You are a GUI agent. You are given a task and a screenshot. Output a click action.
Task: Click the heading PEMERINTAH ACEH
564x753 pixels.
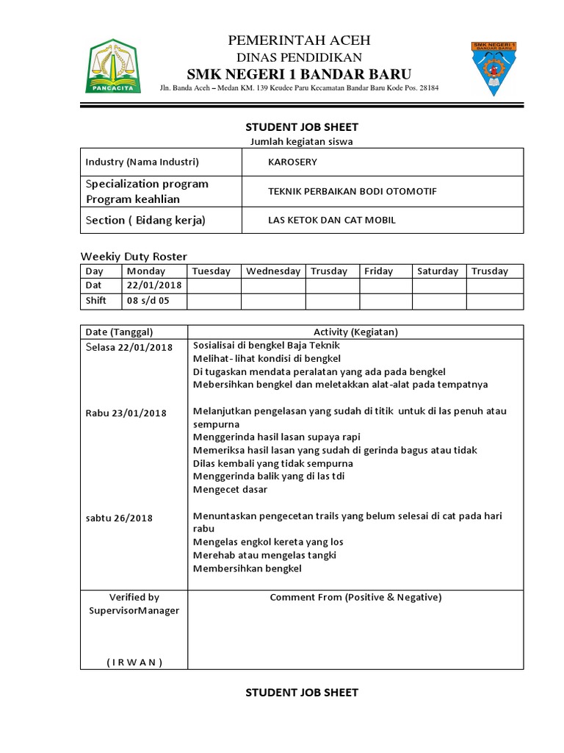[x=299, y=40]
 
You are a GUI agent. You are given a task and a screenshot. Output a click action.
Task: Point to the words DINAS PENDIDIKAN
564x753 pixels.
[x=299, y=57]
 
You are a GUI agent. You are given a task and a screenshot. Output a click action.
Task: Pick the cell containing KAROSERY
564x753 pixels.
[x=293, y=163]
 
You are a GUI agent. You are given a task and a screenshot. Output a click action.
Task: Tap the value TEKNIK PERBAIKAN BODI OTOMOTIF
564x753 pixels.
[x=352, y=191]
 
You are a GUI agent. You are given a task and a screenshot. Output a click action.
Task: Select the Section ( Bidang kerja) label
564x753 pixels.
[x=145, y=220]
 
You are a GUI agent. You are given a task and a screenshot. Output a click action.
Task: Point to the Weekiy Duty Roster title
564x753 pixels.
[x=133, y=256]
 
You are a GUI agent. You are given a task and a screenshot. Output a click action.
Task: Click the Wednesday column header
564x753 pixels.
[x=273, y=271]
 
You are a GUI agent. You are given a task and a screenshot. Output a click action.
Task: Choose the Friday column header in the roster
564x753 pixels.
[x=379, y=271]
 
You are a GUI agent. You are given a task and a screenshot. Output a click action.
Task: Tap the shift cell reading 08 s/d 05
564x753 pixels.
[x=148, y=301]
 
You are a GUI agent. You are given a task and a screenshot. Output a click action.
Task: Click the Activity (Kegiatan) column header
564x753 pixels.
[x=355, y=332]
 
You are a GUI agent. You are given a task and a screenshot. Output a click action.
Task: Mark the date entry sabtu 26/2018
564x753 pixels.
[x=119, y=518]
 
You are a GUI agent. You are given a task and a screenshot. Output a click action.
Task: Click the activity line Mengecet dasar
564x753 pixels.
[x=230, y=490]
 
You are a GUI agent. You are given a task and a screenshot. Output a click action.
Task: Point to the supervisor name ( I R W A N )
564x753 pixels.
[x=134, y=662]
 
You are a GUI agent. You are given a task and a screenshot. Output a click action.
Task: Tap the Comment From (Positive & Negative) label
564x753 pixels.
[x=355, y=597]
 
